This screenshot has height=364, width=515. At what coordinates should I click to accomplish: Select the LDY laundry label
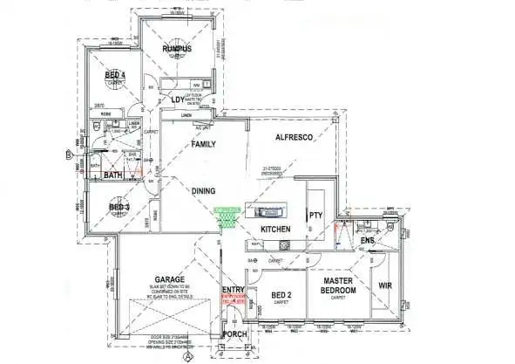click(180, 99)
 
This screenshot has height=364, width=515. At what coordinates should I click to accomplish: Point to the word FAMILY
click(204, 143)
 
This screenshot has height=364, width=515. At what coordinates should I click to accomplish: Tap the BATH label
click(113, 175)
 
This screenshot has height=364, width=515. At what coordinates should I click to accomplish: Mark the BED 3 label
click(119, 207)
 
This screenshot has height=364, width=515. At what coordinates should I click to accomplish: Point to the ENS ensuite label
click(368, 239)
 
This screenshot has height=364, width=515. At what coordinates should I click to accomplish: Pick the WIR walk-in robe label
click(385, 285)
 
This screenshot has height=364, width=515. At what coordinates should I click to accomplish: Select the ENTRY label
click(234, 289)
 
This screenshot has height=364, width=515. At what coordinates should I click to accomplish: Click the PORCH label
click(234, 333)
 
